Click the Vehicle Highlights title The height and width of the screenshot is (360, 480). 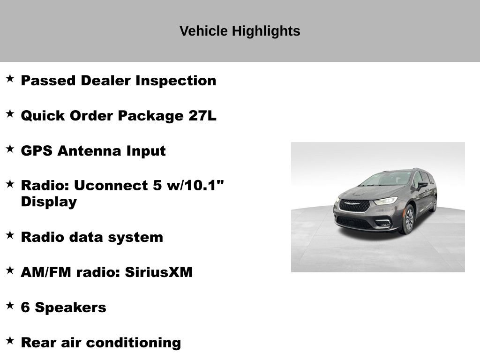[x=240, y=31]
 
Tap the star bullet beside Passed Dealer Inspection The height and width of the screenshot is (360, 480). [x=10, y=78]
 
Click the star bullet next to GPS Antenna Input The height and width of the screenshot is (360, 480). [x=10, y=149]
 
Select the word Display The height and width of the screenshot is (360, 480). [x=49, y=202]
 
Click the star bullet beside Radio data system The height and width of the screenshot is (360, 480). [x=10, y=235]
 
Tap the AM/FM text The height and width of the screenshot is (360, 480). [x=41, y=272]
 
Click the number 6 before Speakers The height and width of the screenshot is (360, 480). [x=25, y=307]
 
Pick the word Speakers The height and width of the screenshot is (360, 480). [x=71, y=307]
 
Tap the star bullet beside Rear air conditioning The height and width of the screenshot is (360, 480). [x=10, y=340]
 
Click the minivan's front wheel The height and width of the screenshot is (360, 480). [x=408, y=219]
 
